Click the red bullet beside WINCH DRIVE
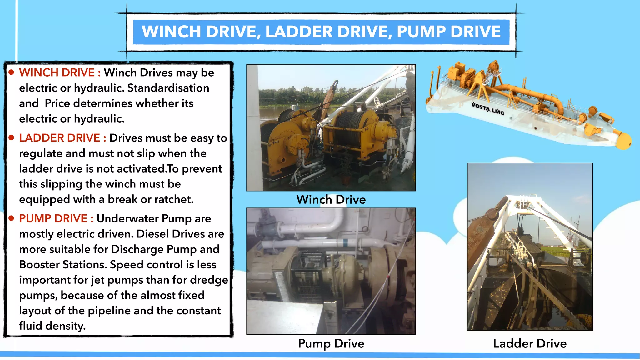[x=12, y=72]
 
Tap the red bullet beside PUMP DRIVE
[x=12, y=218]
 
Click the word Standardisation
[x=168, y=88]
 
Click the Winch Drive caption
[x=331, y=200]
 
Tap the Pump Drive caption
[x=331, y=343]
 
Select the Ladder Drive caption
[x=530, y=343]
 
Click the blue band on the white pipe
[x=345, y=243]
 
